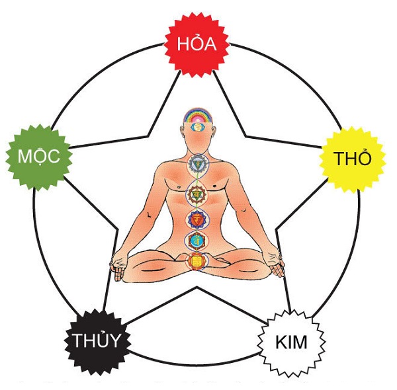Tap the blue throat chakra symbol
click(x=197, y=162)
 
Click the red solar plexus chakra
click(x=197, y=219)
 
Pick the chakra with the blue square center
click(x=197, y=240)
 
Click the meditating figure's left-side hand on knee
click(x=118, y=267)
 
